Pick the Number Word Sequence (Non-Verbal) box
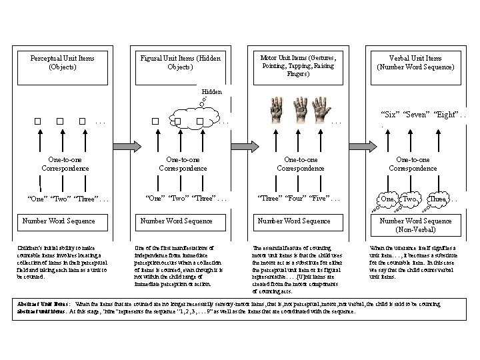click(x=415, y=225)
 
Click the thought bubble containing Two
click(x=410, y=199)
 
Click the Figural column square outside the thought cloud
click(x=155, y=121)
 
